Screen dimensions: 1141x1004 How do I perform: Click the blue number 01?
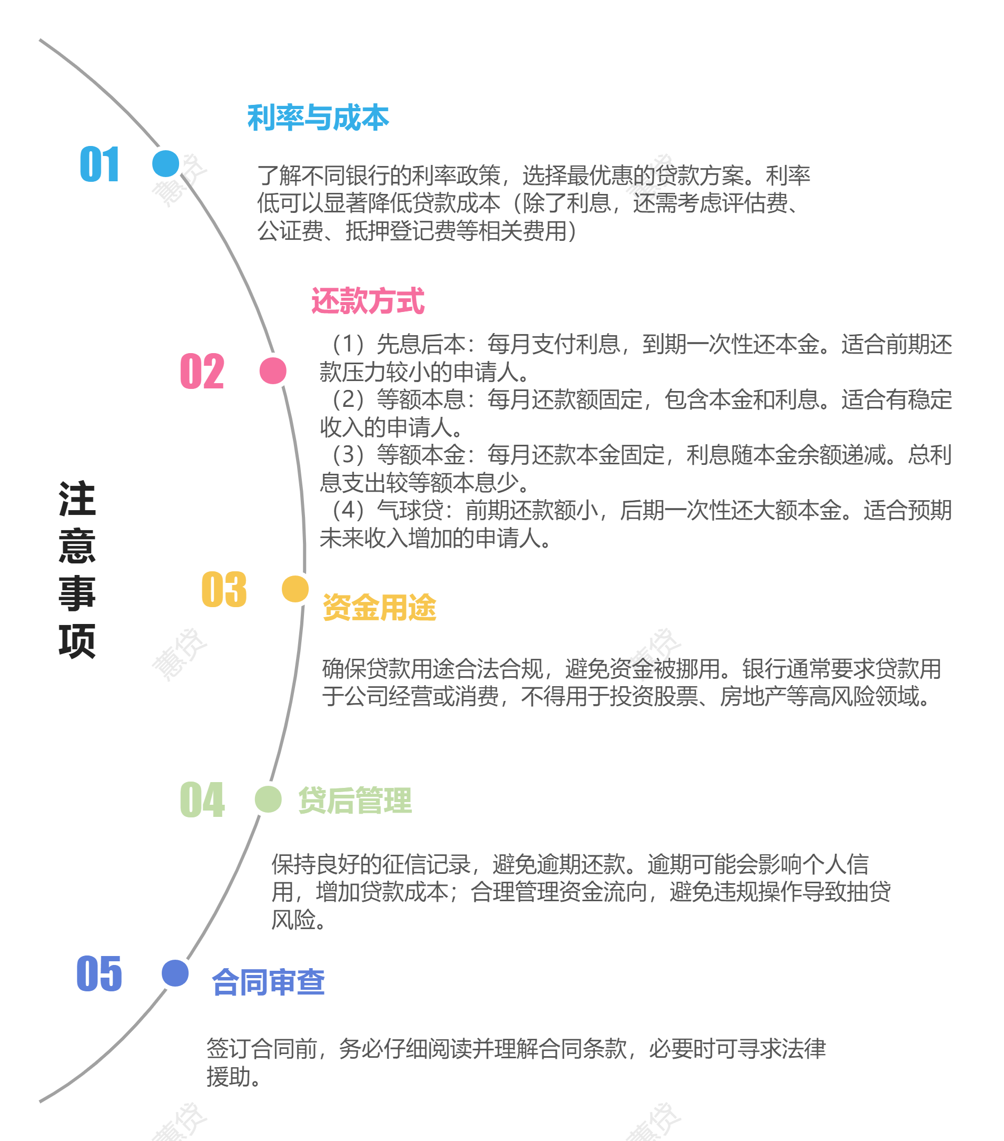tap(100, 164)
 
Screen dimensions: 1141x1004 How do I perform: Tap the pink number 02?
tap(202, 371)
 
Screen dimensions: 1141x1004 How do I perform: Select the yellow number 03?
tap(224, 590)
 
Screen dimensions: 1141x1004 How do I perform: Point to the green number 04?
tap(202, 799)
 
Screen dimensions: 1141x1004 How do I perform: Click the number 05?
tap(100, 973)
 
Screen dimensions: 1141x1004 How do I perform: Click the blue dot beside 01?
tap(166, 163)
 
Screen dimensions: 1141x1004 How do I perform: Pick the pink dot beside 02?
tap(273, 370)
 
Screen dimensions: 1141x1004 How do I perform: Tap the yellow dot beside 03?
tap(294, 589)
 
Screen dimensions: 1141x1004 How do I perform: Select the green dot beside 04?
tap(268, 799)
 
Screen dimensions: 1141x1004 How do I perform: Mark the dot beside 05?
tap(175, 973)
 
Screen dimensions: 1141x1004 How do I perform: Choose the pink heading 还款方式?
tap(368, 301)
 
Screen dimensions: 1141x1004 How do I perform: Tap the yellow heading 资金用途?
tap(379, 607)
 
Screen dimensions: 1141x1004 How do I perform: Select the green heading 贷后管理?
tap(355, 801)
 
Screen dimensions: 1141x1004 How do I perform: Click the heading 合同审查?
tap(269, 983)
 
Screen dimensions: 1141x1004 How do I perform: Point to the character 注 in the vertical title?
tap(77, 499)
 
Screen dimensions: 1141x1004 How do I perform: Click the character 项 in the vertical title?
tap(77, 641)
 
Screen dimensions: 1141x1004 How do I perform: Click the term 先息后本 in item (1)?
tap(421, 345)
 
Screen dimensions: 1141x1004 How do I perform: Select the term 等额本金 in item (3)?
tap(421, 455)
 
